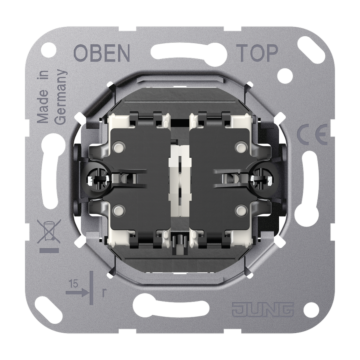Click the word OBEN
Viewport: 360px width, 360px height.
point(102,53)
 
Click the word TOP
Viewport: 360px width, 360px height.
point(257,53)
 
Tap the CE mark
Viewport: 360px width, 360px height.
point(312,135)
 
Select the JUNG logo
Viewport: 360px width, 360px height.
point(263,310)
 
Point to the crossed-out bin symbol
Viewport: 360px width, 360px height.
point(49,231)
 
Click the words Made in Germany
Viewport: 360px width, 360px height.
point(51,97)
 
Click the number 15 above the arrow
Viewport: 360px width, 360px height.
point(74,284)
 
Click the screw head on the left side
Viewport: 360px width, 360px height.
point(99,180)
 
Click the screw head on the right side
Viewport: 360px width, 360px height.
point(262,178)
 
